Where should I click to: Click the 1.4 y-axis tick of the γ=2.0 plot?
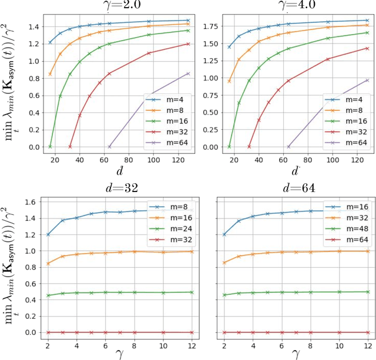coord(34,26)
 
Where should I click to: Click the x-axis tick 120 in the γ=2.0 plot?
coord(179,159)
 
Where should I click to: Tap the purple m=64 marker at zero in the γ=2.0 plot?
coord(109,147)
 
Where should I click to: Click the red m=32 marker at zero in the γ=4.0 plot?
coord(249,147)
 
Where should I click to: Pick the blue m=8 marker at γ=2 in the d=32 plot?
coord(48,234)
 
